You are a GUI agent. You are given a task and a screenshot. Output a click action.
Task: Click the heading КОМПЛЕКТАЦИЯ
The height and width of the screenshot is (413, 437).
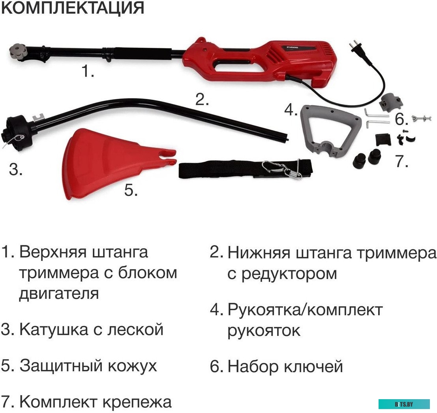[x=73, y=8]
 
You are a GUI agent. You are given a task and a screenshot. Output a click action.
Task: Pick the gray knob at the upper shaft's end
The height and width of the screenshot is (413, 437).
[x=17, y=52]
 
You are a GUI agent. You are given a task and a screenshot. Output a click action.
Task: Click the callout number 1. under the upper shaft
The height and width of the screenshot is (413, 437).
[x=88, y=72]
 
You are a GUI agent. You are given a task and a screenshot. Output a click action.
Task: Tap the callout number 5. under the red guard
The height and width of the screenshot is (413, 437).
[x=131, y=190]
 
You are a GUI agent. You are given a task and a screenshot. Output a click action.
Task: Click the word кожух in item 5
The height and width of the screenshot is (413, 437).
[x=135, y=366]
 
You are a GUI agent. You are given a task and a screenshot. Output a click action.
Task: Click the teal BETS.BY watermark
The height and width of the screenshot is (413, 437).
[x=404, y=404]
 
